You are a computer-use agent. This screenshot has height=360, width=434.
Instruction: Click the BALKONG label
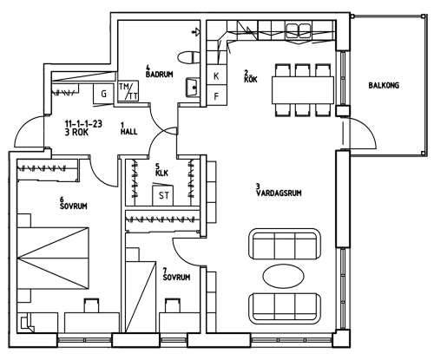(x=384, y=86)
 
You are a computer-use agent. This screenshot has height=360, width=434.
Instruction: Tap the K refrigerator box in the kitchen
(x=217, y=76)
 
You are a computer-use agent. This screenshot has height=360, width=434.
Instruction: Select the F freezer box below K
(x=217, y=95)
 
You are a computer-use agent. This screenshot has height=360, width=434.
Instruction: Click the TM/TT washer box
(x=128, y=91)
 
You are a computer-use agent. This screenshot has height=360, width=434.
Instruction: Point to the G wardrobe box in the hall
(x=103, y=94)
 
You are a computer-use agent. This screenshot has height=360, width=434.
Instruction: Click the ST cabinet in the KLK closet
(x=163, y=195)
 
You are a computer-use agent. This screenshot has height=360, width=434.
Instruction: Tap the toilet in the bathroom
(x=188, y=57)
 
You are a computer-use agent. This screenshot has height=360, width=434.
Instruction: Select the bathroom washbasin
(x=193, y=87)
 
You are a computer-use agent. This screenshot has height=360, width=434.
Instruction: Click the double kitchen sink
(x=299, y=29)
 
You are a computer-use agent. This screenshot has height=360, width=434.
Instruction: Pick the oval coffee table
(x=283, y=276)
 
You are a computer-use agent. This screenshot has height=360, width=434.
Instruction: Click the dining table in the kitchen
(x=303, y=90)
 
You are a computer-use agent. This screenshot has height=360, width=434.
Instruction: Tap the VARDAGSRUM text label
(x=279, y=193)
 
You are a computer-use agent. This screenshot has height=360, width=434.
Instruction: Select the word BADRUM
(x=159, y=75)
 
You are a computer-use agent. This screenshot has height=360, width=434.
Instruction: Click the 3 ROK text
(x=76, y=133)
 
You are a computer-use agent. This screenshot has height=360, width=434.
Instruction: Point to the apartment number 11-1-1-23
(x=83, y=124)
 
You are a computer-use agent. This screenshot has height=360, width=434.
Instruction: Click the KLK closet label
(x=161, y=173)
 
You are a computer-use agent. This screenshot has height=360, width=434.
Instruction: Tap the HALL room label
(x=128, y=132)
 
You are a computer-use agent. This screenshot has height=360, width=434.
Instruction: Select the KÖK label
(x=251, y=79)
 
